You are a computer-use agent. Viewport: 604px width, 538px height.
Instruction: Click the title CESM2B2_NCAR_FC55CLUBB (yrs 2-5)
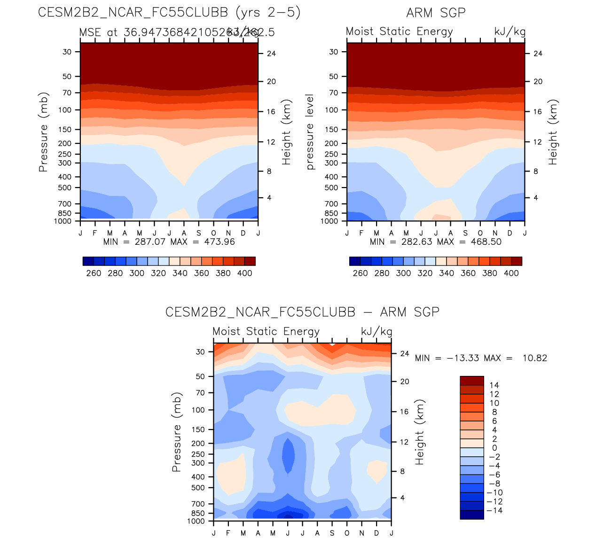[x=169, y=12]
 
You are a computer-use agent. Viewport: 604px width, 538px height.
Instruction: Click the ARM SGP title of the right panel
[x=436, y=13]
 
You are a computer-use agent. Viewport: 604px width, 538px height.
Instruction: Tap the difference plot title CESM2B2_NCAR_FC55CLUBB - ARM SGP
[x=302, y=312]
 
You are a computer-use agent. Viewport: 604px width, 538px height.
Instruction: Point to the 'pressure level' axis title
[x=310, y=132]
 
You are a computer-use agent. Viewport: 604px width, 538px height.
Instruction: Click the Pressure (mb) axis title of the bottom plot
[x=177, y=432]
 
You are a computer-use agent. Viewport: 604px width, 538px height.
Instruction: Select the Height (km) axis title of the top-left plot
[x=287, y=132]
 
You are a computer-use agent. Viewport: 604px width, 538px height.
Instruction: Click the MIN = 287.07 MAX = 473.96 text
[x=169, y=242]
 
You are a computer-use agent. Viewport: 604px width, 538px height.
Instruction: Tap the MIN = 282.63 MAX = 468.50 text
[x=436, y=242]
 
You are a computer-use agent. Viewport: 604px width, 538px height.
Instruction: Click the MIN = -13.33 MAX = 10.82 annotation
[x=481, y=358]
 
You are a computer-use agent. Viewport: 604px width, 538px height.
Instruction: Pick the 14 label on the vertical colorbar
[x=494, y=385]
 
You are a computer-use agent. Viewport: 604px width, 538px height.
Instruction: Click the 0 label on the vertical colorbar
[x=494, y=448]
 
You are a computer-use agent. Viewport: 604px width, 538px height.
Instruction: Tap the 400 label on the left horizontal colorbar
[x=244, y=273]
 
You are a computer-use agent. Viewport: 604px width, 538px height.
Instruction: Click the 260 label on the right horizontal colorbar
[x=360, y=273]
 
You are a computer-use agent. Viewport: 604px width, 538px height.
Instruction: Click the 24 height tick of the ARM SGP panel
[x=538, y=54]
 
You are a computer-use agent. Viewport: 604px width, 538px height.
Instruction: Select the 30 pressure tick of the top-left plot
[x=67, y=52]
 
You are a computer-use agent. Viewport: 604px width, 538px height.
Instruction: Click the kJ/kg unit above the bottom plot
[x=377, y=331]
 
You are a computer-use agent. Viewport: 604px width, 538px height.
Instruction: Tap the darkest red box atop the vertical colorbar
[x=472, y=381]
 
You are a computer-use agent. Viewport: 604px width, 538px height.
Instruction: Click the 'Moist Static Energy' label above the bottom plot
[x=266, y=331]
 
